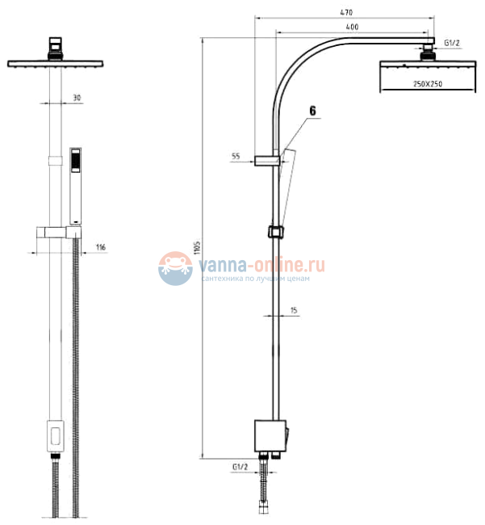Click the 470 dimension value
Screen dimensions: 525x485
347,12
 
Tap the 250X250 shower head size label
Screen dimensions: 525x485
427,84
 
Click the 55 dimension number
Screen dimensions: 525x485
236,157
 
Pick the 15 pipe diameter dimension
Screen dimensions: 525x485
293,310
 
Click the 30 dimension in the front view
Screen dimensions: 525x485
77,98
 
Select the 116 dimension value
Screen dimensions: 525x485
101,246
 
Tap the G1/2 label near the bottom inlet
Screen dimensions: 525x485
239,466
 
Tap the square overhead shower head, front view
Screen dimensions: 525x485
56,64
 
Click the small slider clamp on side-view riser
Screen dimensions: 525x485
276,231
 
